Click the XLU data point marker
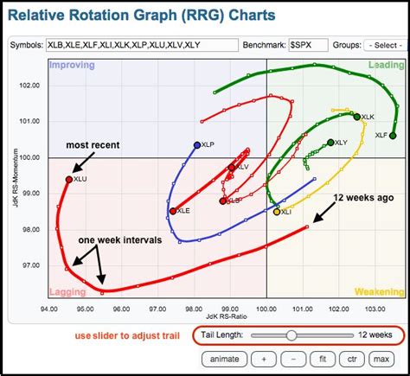coord(69,179)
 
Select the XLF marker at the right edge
coord(394,136)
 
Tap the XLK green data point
coord(357,116)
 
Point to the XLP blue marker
coord(197,145)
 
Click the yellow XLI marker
coord(277,211)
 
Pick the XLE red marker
coord(173,211)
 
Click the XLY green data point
coord(330,142)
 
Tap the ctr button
coord(352,358)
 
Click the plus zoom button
coord(263,358)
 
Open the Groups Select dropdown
coord(383,44)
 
